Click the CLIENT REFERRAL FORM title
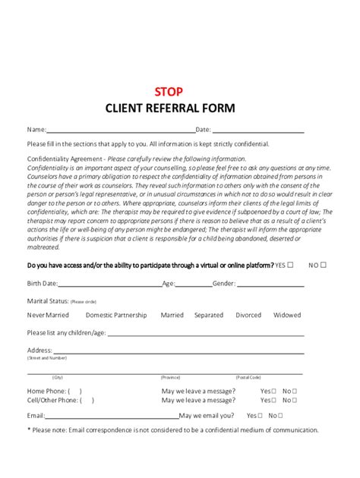click(180, 108)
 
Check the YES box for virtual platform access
click(289, 265)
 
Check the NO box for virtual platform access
click(324, 265)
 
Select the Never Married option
click(48, 315)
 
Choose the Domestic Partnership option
click(116, 315)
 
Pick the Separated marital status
click(208, 315)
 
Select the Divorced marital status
click(248, 315)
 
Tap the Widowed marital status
click(287, 315)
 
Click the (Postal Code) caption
click(248, 377)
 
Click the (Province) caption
click(170, 377)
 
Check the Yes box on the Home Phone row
click(274, 391)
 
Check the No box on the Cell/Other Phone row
click(294, 400)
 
